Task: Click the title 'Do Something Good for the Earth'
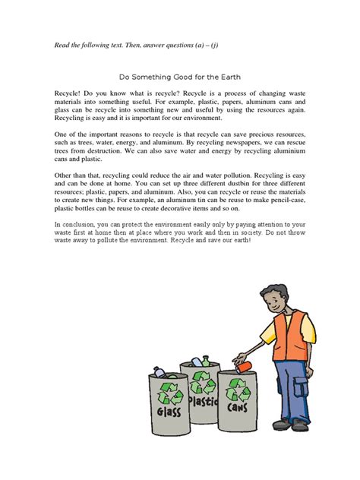[179, 77]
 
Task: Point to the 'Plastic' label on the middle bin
[204, 399]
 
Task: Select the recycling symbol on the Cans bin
[238, 392]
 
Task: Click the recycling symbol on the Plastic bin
[201, 380]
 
